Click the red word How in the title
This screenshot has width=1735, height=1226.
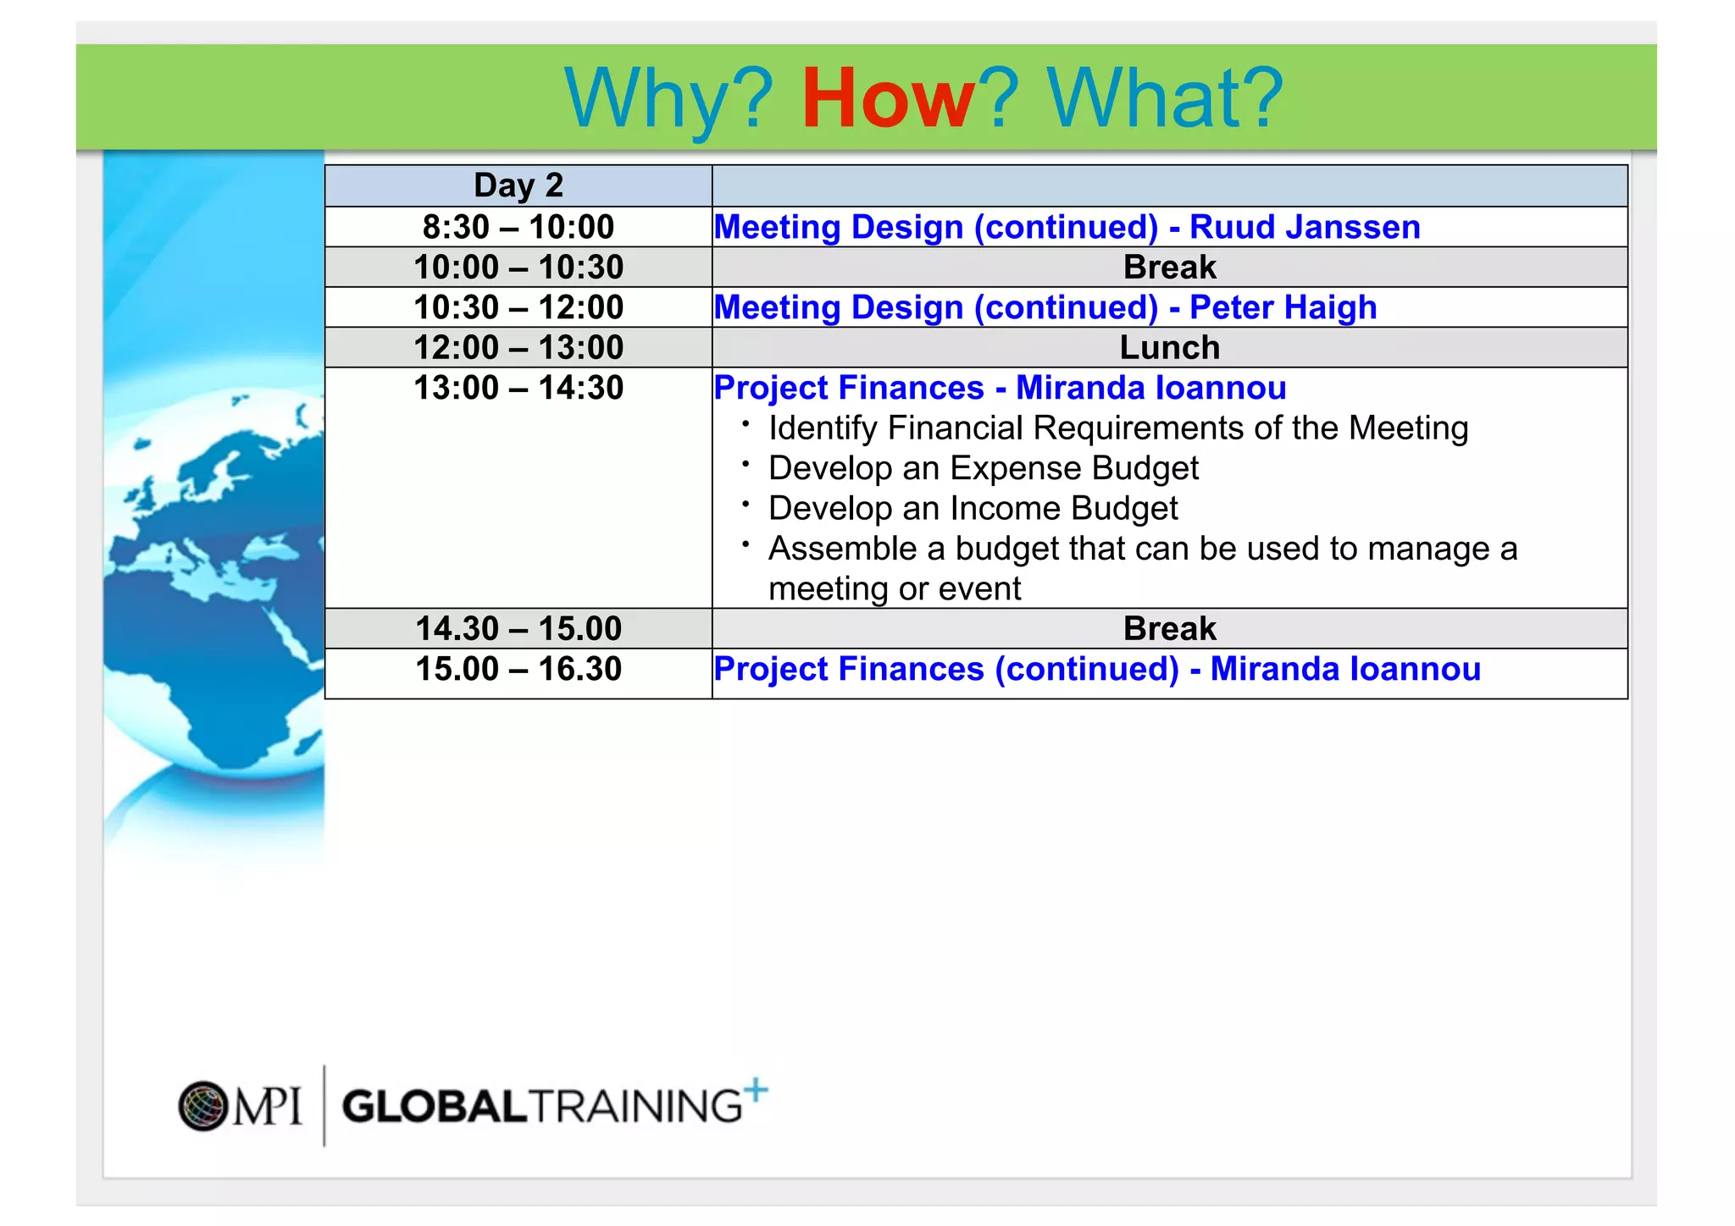tap(888, 99)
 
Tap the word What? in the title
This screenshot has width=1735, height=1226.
tap(1165, 99)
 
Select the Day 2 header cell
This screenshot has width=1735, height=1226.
tap(518, 185)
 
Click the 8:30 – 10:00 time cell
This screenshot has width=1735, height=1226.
tap(518, 227)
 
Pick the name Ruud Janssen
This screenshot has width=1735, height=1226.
tap(1305, 227)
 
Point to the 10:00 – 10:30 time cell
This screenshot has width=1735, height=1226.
tap(518, 267)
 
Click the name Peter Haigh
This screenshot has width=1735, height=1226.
tap(1283, 307)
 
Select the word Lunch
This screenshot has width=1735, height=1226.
tap(1169, 347)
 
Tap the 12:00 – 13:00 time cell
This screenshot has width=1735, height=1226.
tap(518, 347)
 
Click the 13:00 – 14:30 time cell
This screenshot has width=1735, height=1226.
tap(518, 388)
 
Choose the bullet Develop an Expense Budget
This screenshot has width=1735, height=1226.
tap(983, 468)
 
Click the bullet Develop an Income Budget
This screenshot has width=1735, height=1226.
tap(973, 508)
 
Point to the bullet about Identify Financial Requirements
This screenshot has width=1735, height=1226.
tap(1118, 428)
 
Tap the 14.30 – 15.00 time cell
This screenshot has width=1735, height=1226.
tap(518, 628)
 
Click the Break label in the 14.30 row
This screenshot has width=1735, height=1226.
tap(1169, 628)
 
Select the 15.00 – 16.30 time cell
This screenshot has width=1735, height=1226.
tap(518, 669)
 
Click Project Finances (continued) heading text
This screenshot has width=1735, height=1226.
tap(945, 669)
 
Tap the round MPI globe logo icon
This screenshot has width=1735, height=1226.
tap(203, 1106)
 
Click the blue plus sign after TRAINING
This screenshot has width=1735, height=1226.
tap(757, 1090)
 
